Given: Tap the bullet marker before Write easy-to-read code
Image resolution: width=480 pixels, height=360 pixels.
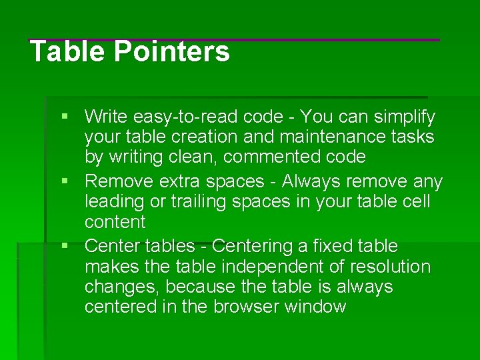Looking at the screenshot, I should pos(65,117).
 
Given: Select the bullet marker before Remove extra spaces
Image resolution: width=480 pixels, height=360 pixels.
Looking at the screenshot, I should pos(65,181).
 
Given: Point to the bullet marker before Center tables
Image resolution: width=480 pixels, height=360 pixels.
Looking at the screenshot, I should pos(65,246).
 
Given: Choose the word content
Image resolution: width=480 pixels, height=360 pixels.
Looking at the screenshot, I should pos(115,221).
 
